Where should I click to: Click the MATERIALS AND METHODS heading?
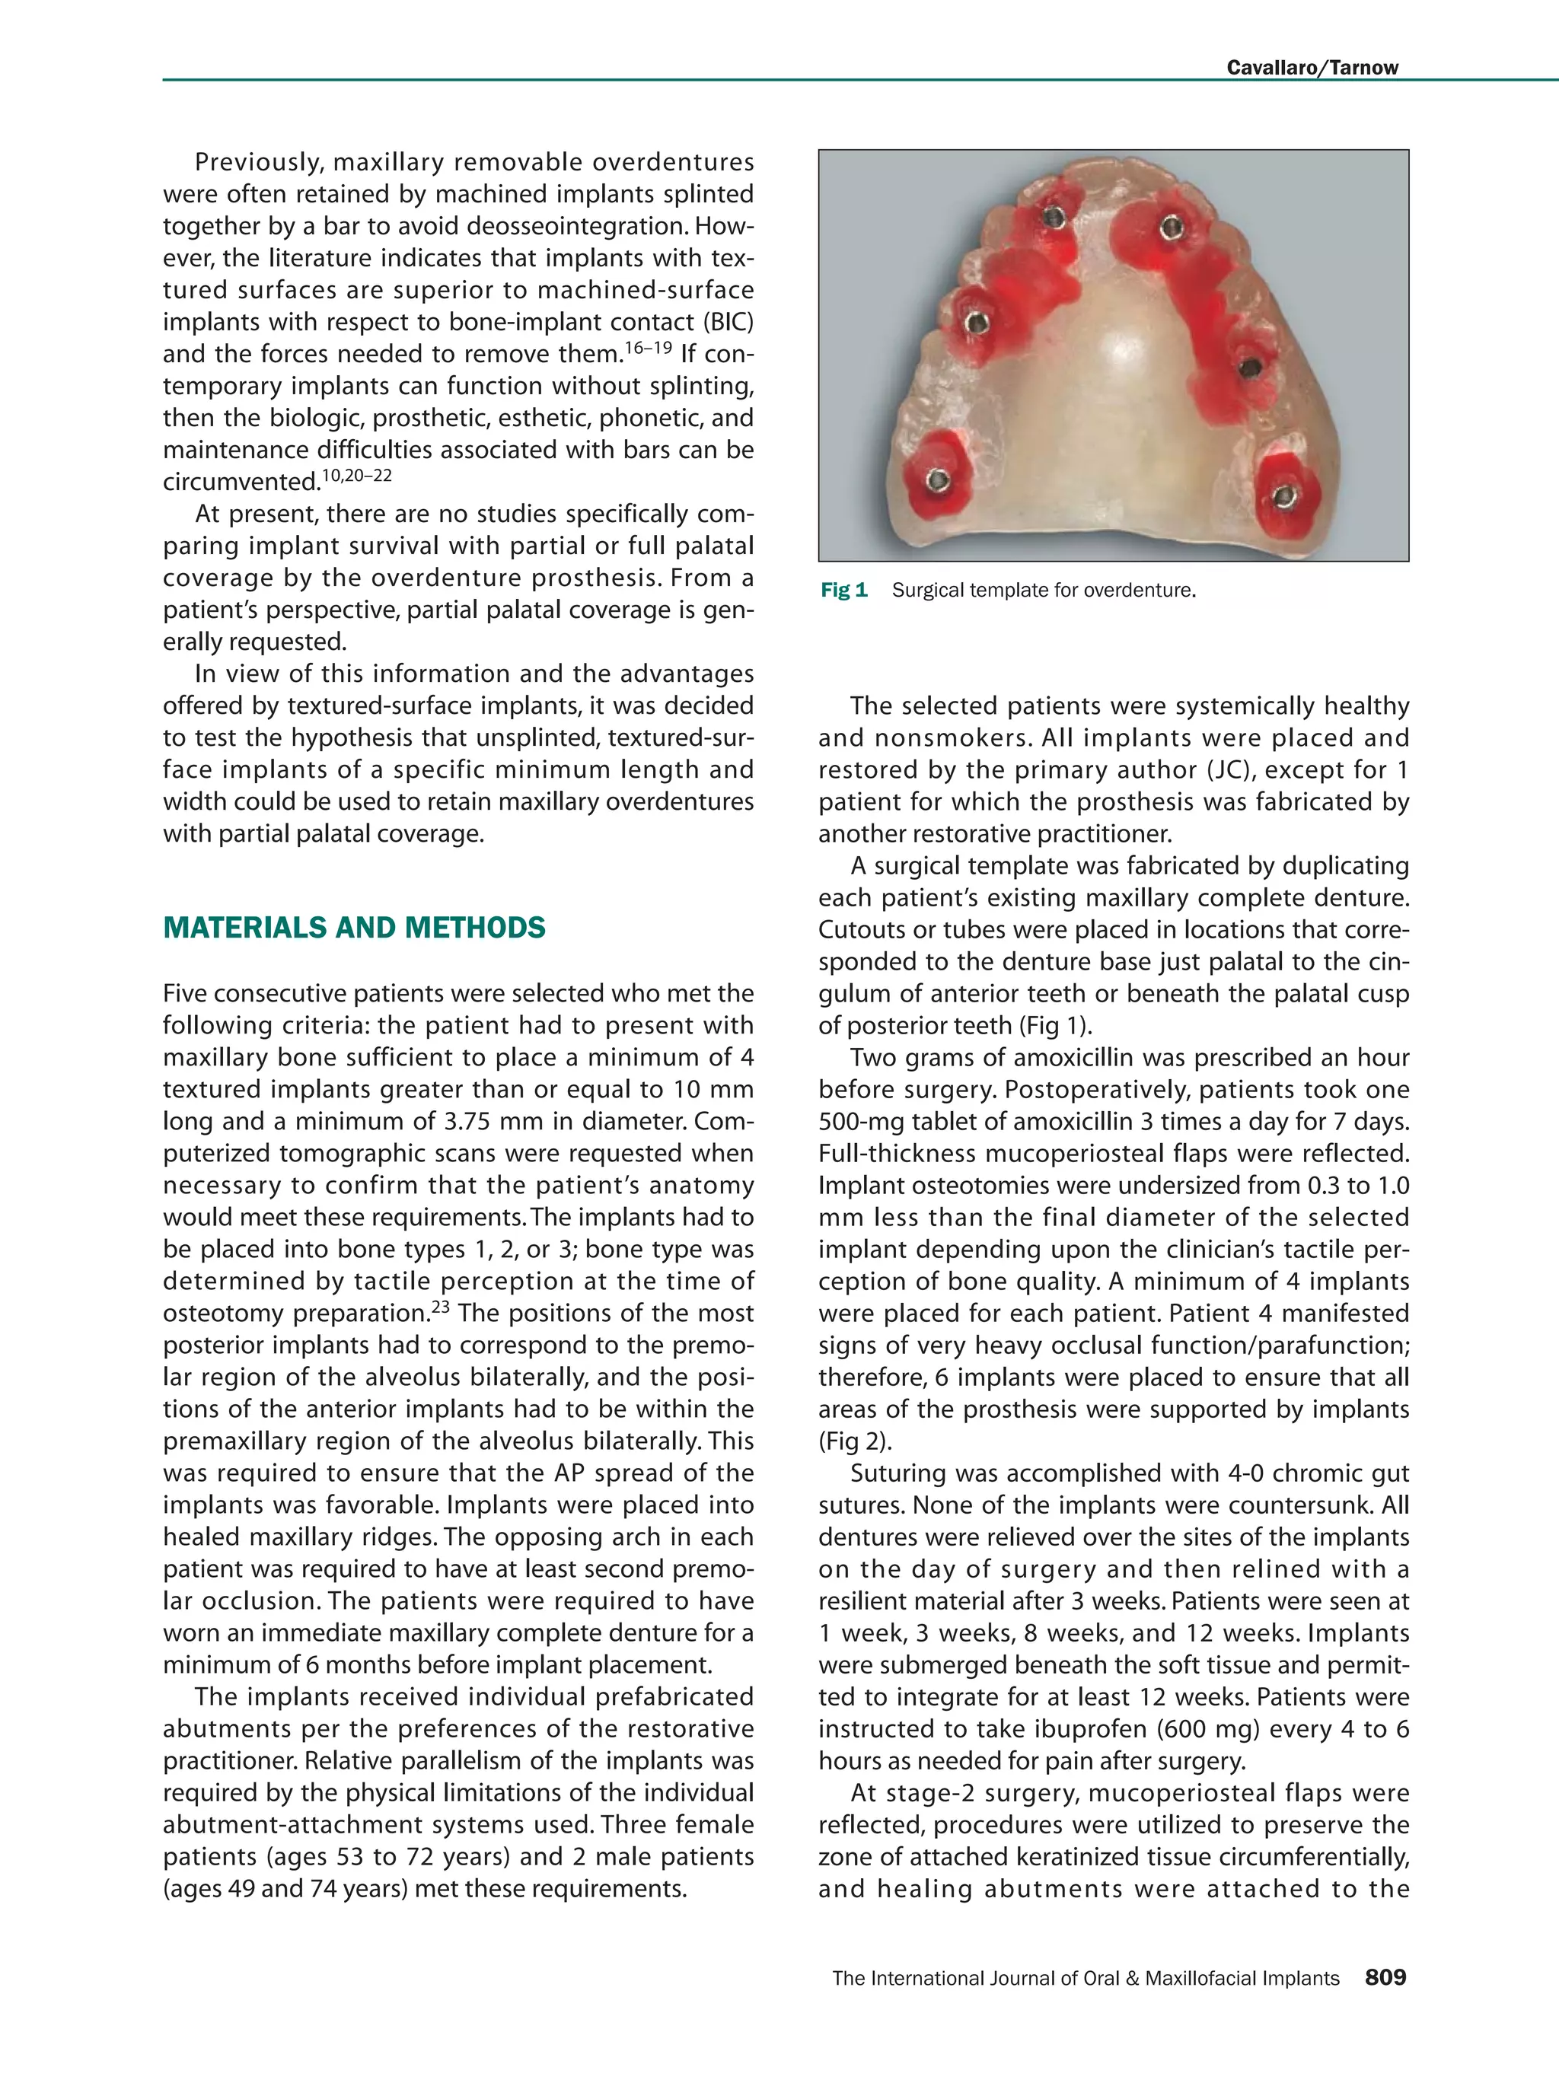354,928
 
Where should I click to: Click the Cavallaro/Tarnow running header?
1311,67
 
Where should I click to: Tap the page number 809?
1385,1977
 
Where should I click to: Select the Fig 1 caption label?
843,591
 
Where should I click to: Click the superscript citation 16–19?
649,348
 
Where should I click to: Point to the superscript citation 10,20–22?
356,476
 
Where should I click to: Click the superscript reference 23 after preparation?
441,1306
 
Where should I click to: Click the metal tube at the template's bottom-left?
936,480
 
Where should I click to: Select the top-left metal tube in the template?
1054,218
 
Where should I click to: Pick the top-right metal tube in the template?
1171,226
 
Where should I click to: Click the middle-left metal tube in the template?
978,323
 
